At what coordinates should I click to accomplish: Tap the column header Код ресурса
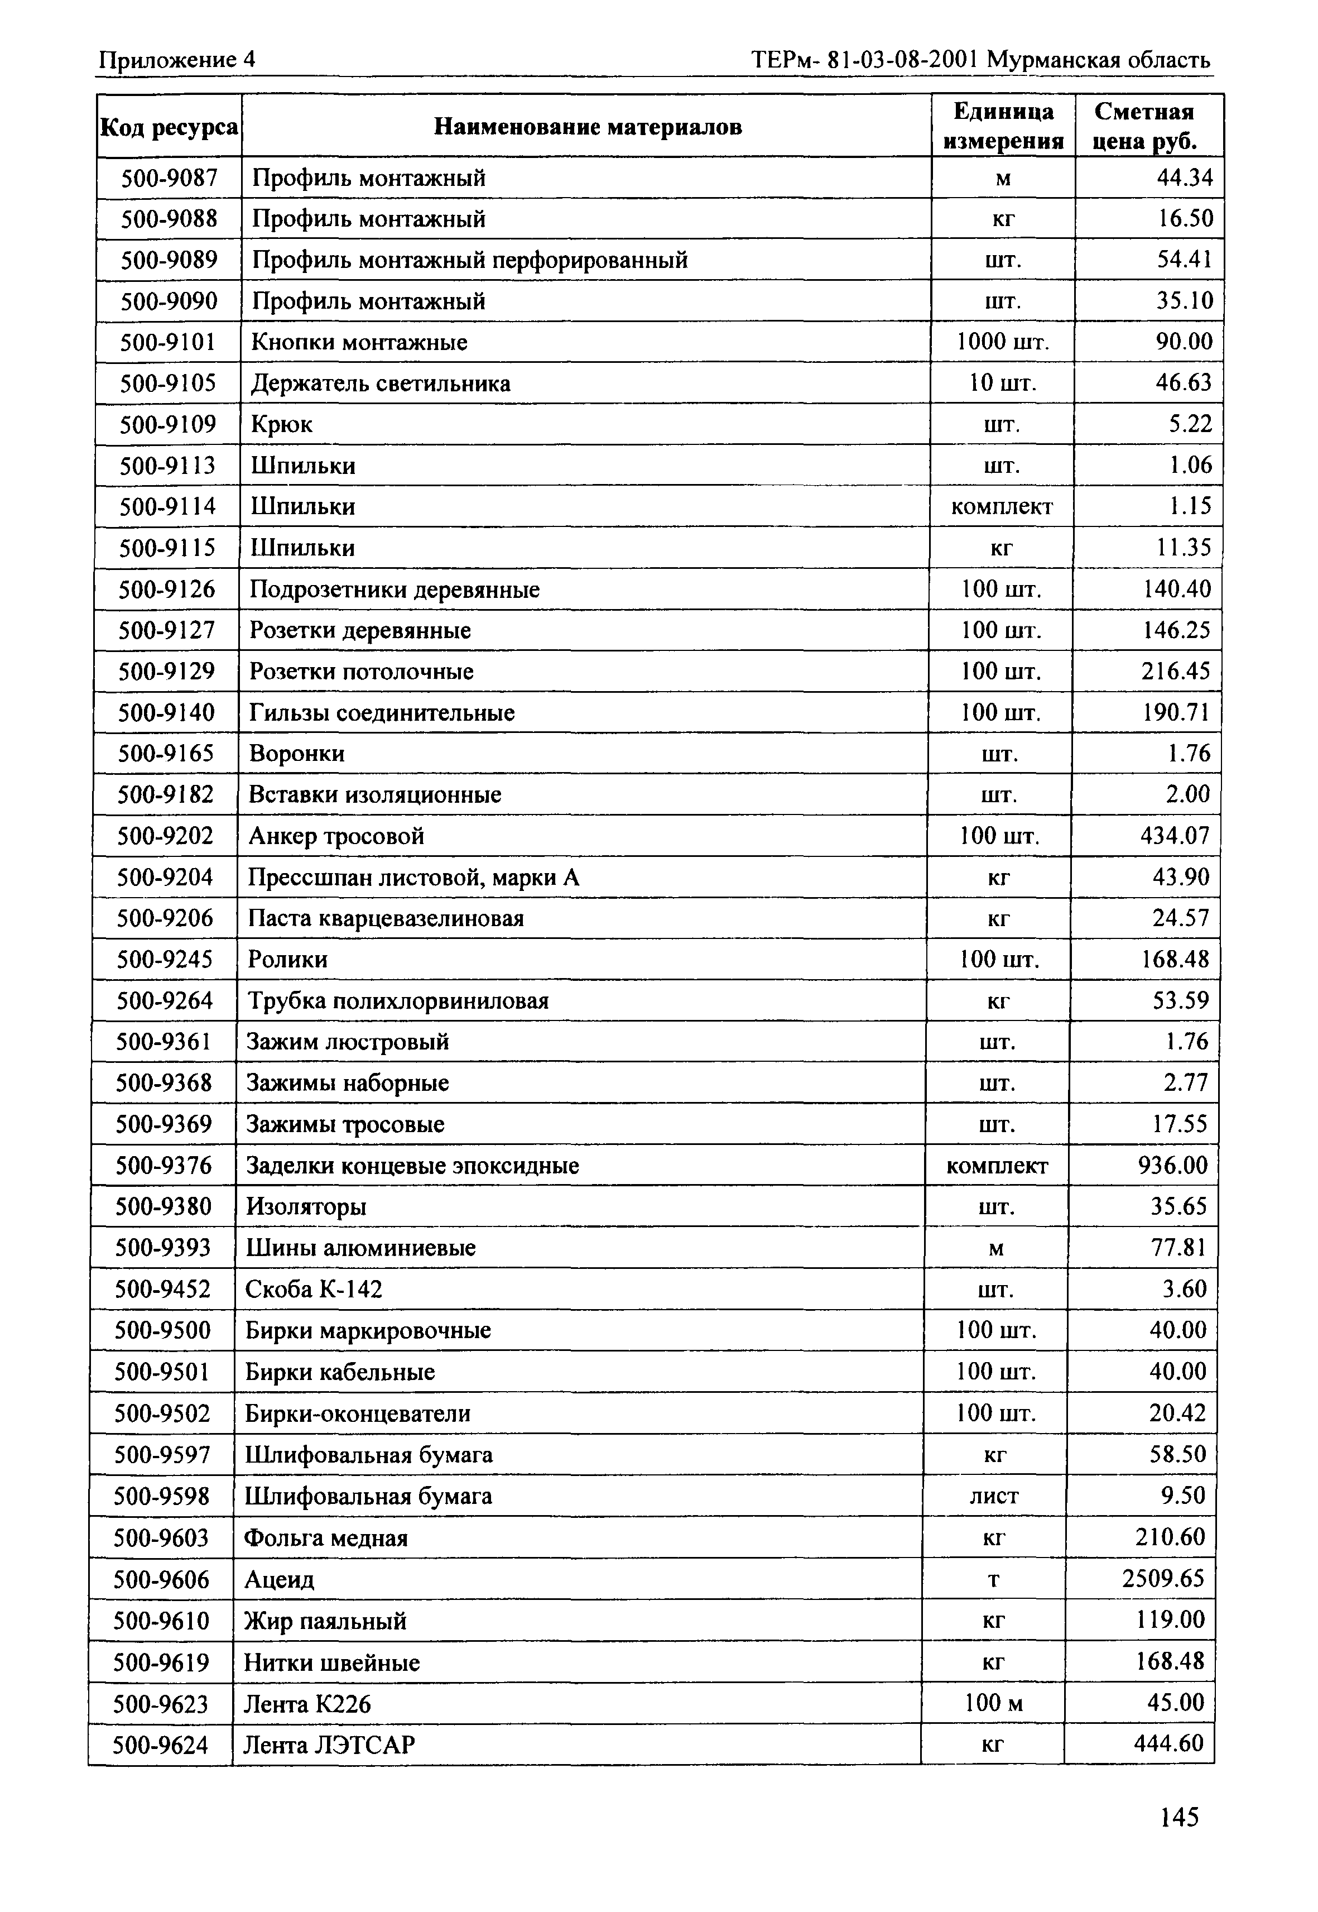tap(169, 127)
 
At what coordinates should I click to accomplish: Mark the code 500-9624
tap(160, 1745)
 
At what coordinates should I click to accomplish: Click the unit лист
tap(994, 1496)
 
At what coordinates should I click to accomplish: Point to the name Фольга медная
tap(326, 1539)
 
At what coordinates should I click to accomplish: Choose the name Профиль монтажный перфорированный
tap(469, 260)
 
